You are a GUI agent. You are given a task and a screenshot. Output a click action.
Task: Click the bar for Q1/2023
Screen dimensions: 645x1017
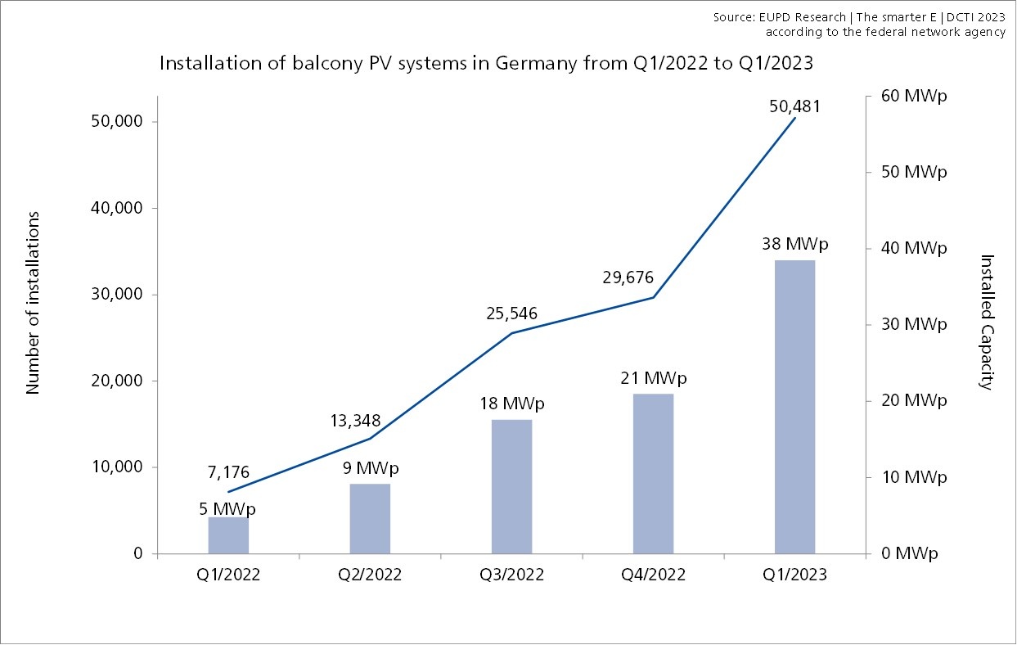click(794, 407)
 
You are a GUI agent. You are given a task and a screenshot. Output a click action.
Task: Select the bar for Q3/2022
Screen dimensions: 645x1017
click(511, 486)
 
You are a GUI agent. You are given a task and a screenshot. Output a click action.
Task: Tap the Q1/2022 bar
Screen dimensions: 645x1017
click(228, 535)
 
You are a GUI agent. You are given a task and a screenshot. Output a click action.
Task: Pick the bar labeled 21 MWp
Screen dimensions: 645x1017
click(653, 474)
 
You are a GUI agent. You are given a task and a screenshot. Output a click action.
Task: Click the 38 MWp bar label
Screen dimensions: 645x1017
click(794, 244)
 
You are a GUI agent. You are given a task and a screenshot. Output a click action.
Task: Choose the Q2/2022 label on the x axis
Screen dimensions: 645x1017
click(370, 575)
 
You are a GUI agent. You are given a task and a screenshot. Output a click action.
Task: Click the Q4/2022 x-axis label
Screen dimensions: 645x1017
click(653, 575)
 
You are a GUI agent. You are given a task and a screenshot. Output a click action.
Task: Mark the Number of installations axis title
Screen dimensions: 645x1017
click(34, 303)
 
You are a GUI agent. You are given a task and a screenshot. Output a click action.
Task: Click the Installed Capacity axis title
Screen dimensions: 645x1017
click(988, 322)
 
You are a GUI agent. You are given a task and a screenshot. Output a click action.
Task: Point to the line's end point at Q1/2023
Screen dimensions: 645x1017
click(794, 119)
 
